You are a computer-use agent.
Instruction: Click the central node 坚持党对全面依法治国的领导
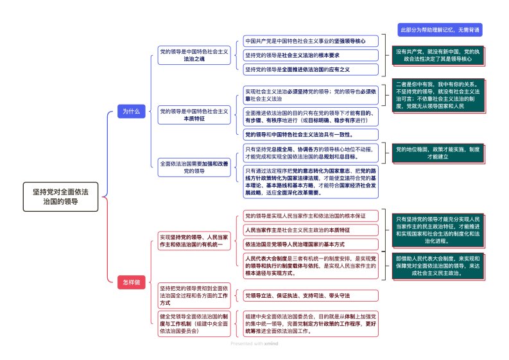tap(61, 196)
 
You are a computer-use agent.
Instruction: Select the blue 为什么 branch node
tap(131, 111)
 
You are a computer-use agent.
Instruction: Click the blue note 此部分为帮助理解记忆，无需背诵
tap(440, 30)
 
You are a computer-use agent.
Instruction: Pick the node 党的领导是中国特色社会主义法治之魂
tap(193, 55)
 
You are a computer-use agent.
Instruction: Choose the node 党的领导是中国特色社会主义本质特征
tap(193, 115)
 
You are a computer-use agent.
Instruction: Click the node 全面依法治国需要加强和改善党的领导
tap(193, 167)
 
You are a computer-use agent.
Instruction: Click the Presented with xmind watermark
tap(254, 343)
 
